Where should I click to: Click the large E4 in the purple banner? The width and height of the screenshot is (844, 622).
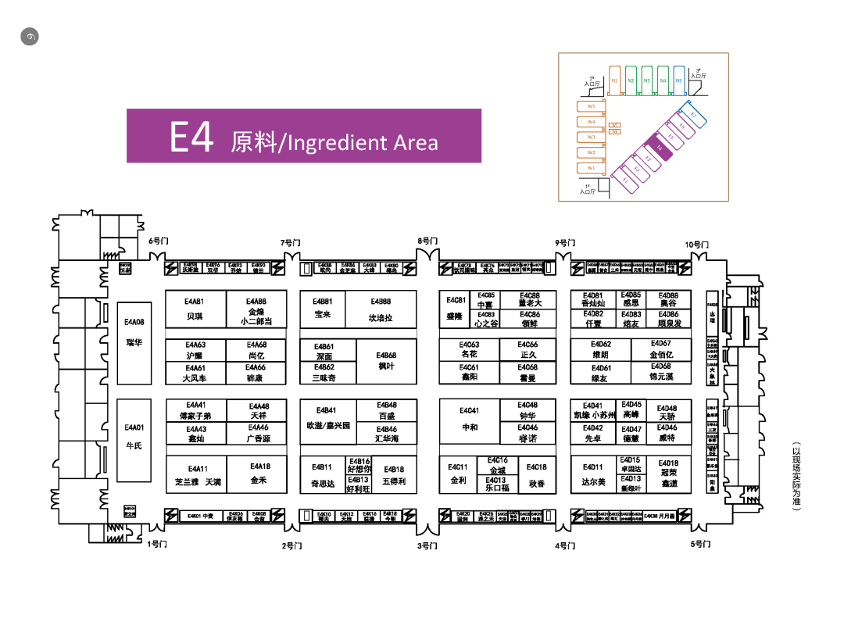click(191, 138)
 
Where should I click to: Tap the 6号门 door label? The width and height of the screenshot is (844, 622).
click(159, 241)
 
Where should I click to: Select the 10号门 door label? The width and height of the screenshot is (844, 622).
click(697, 245)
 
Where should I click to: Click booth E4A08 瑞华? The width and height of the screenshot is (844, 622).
click(134, 333)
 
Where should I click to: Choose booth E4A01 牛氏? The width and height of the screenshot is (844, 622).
click(134, 437)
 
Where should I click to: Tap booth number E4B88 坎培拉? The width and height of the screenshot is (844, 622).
click(381, 310)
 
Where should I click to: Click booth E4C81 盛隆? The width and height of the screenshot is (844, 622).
click(456, 309)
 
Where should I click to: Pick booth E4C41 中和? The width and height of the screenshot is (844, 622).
click(469, 420)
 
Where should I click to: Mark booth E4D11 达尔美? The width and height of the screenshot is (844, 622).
click(593, 474)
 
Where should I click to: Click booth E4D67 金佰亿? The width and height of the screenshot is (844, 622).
click(661, 349)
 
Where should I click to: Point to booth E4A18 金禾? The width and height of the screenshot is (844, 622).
click(259, 473)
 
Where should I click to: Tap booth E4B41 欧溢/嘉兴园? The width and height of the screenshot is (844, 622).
click(327, 419)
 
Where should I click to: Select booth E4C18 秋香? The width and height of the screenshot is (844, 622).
click(537, 475)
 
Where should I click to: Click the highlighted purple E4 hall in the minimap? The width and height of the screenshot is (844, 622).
click(660, 148)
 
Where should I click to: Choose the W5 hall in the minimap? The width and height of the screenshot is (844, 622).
click(592, 106)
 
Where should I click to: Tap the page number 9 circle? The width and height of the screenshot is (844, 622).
click(30, 36)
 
